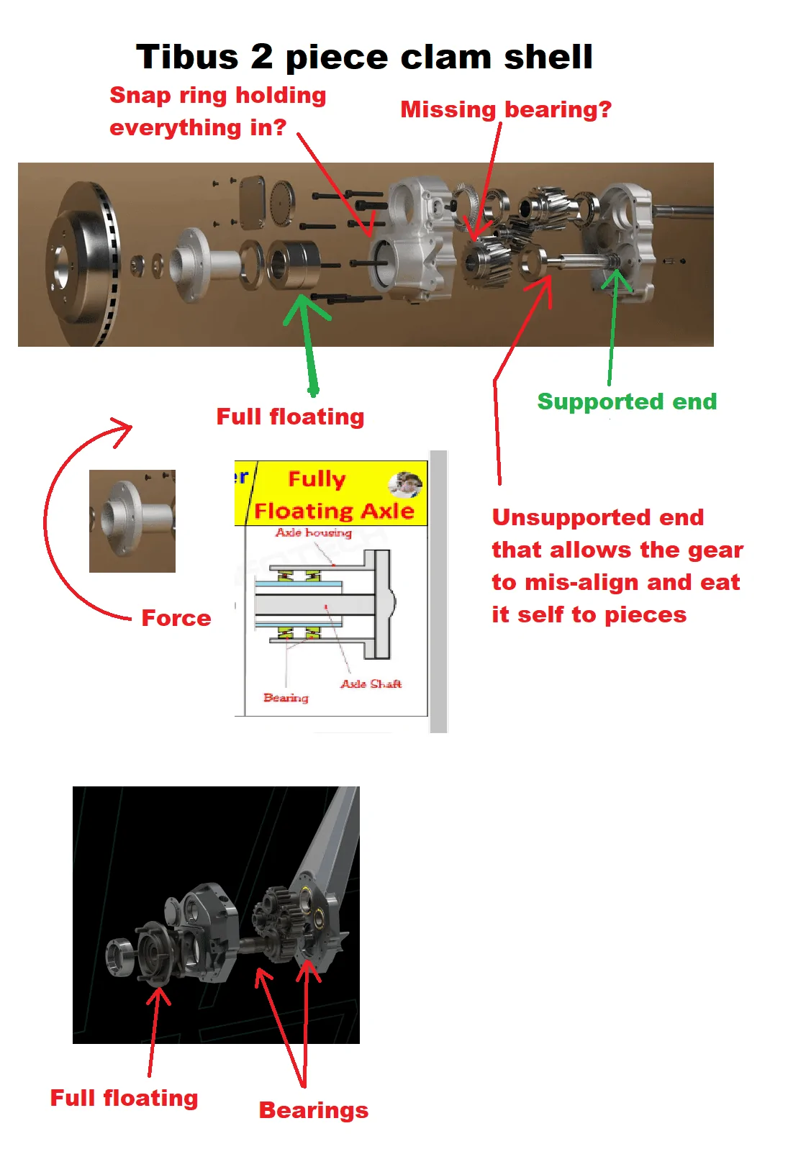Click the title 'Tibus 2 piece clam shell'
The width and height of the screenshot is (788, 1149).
click(364, 58)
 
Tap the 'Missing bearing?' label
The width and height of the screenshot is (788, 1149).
click(506, 110)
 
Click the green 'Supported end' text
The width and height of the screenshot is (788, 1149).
click(627, 401)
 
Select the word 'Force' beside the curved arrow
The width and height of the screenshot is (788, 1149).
click(176, 618)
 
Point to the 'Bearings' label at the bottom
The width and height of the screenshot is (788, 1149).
click(314, 1111)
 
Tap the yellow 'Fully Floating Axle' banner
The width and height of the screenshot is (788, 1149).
click(331, 493)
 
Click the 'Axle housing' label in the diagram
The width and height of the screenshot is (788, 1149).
click(314, 532)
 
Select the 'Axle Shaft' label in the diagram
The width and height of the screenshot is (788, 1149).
click(371, 684)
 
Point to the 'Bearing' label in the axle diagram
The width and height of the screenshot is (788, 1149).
click(286, 698)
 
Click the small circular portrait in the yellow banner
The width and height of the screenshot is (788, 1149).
click(405, 485)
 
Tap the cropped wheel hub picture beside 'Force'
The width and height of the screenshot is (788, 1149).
click(132, 521)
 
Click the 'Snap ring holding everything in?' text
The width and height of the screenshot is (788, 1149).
click(217, 112)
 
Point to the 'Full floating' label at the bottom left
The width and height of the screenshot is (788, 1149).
click(124, 1098)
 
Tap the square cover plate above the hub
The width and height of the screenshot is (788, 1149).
click(251, 201)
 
